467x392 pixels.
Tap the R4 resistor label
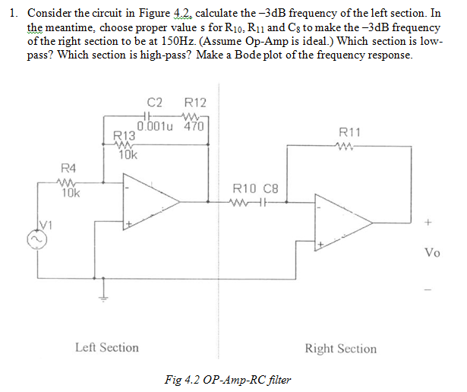click(x=68, y=167)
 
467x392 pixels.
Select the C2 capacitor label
click(x=154, y=103)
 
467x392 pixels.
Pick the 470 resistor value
click(x=194, y=127)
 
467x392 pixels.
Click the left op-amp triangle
click(x=147, y=203)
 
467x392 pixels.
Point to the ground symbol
click(x=102, y=295)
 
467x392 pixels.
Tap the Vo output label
click(x=432, y=253)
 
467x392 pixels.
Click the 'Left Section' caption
click(x=107, y=347)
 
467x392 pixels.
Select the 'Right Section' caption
click(x=340, y=349)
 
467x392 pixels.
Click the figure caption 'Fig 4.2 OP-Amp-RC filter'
click(x=226, y=379)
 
